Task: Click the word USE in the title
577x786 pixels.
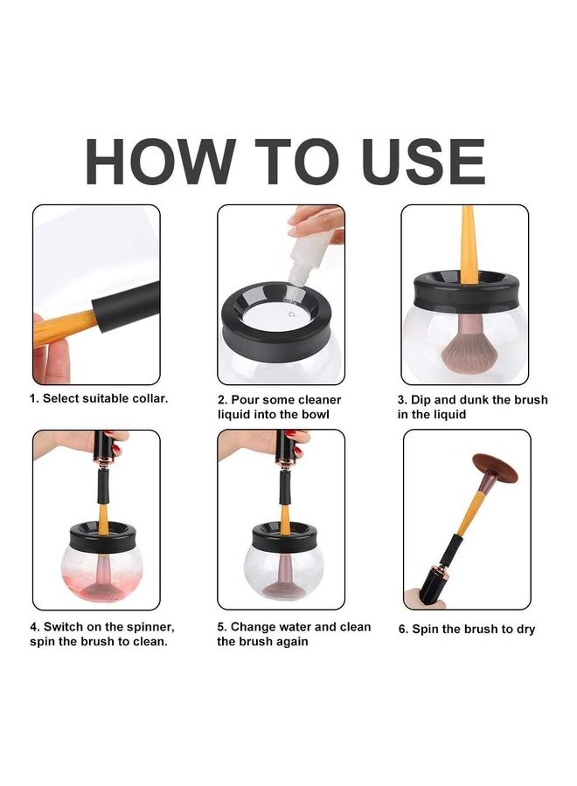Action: (423, 162)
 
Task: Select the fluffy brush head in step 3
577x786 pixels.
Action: (469, 350)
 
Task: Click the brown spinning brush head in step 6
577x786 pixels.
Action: (495, 467)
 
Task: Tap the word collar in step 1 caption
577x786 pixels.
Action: (150, 398)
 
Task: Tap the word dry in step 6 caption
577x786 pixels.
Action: (525, 630)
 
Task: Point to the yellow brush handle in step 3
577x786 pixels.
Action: (468, 245)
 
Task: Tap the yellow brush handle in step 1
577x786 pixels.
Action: (64, 328)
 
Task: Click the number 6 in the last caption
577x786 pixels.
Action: (402, 629)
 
